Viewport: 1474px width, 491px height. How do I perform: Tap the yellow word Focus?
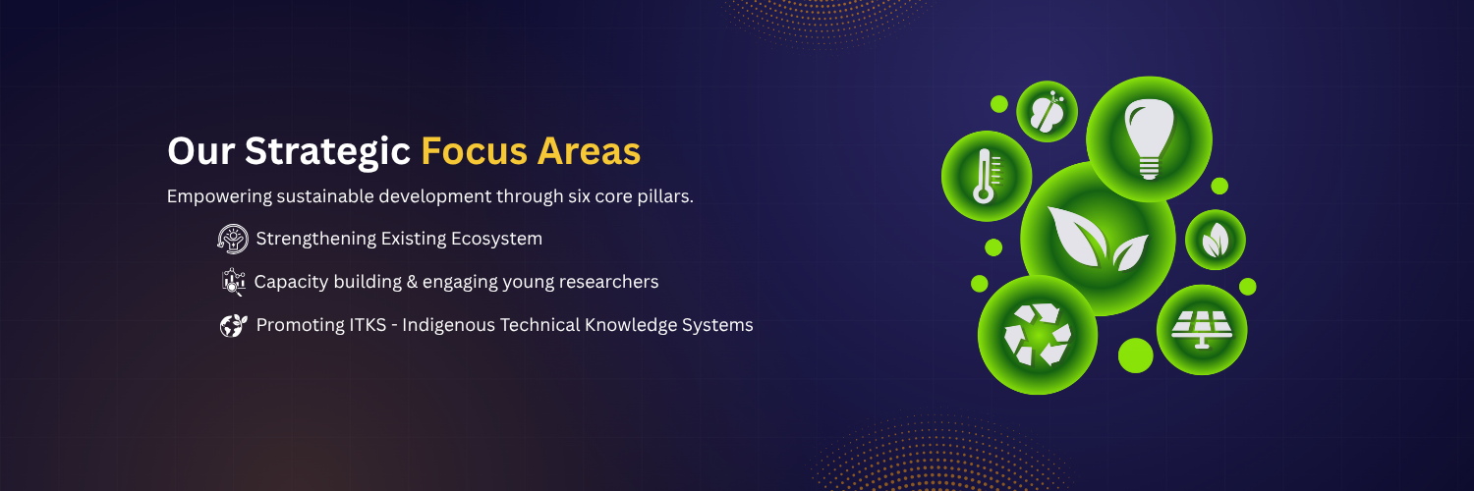(474, 151)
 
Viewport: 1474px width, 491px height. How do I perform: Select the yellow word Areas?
(589, 151)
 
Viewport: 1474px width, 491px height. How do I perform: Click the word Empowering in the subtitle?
(219, 196)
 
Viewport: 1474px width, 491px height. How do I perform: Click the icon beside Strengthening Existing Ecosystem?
(233, 239)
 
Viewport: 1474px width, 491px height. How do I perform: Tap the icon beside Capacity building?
(233, 281)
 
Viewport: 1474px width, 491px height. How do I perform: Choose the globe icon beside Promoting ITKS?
(234, 325)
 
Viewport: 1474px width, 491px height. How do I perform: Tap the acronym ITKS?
(368, 325)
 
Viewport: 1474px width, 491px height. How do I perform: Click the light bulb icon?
(1149, 138)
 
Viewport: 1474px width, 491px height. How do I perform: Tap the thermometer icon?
(985, 176)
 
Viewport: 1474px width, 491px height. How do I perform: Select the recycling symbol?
(1037, 335)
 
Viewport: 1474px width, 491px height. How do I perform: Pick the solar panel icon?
(1202, 329)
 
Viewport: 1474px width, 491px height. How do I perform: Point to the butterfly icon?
(1047, 111)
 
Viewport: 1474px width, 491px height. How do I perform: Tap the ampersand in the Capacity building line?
(412, 282)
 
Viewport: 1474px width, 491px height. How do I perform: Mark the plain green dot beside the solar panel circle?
(1135, 355)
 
